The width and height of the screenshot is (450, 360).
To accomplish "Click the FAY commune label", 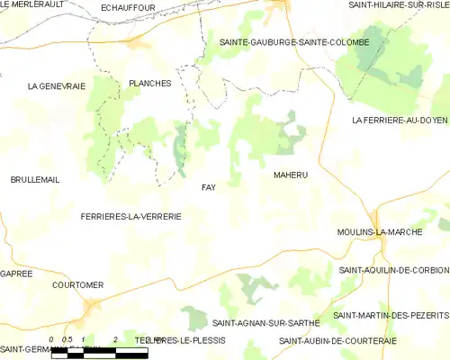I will coord(208,187).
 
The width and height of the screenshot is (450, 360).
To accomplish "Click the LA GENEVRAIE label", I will coord(56,86).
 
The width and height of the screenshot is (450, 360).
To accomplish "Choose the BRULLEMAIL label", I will coord(35,180).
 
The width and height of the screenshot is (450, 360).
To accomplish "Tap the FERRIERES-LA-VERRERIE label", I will coord(131,217).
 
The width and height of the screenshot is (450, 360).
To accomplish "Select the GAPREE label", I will coord(16,273).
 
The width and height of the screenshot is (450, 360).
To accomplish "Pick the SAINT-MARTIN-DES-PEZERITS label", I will coord(391,315).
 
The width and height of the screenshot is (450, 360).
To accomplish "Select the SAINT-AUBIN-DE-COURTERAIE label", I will coord(337,340).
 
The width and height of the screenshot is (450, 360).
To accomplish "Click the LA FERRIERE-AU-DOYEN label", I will coord(400,120).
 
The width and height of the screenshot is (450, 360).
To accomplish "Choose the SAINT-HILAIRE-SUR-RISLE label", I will coord(399,5).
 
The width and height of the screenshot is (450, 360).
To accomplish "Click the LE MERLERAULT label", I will coord(36,4).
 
